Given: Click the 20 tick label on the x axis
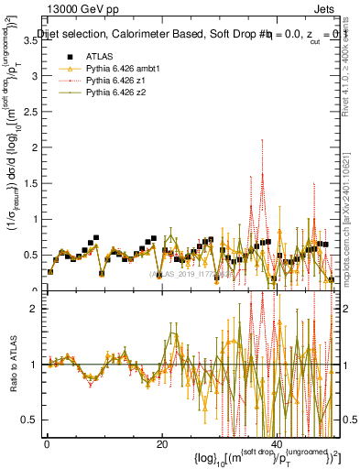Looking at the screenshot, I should point(163,443).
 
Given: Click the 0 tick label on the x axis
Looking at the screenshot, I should point(46,443).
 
